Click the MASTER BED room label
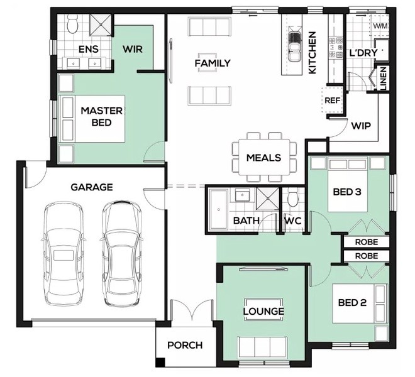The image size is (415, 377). pos(102,116)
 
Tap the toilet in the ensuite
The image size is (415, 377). pos(72,24)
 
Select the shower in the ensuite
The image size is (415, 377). pos(100,25)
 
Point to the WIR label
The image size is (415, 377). pos(133,49)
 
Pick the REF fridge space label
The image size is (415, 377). pos(333,101)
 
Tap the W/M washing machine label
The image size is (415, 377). pos(380,26)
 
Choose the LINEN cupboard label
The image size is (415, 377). pos(384,79)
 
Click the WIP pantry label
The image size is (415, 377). pos(361,126)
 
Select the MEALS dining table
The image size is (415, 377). pos(264,157)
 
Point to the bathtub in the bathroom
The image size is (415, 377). pos(219,209)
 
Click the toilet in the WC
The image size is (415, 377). pos(293,198)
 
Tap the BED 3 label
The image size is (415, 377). pos(347,192)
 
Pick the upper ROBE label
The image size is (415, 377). pos(367,242)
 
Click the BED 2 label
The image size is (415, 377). pos(352,302)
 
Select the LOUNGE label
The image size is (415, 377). pos(263,311)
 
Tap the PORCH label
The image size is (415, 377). pos(185,345)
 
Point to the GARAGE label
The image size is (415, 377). pos(92,187)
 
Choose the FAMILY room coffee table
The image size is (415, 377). pos(207,63)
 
